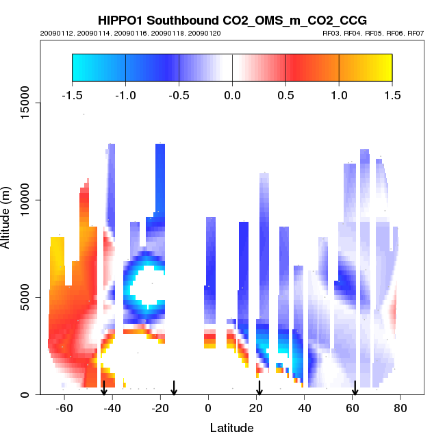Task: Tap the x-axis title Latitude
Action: point(231,428)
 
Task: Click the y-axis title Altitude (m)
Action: point(8,216)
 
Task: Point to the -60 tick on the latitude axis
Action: point(64,408)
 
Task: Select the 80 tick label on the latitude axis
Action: point(400,408)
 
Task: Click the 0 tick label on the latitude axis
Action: point(208,408)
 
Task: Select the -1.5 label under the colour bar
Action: point(72,94)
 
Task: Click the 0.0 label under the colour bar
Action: point(232,94)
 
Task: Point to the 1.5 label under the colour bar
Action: point(392,94)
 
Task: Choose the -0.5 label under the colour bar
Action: point(179,94)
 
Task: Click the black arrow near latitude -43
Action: point(104,388)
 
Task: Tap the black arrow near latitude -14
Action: point(174,388)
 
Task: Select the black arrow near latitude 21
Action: point(259,388)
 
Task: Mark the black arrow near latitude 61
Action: point(355,388)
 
